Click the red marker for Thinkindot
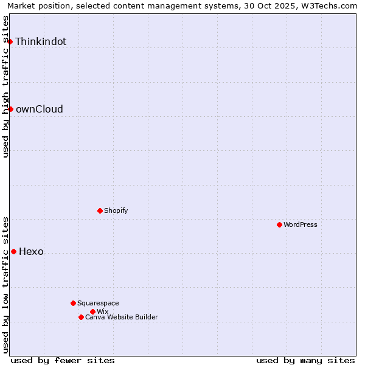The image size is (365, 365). (x=10, y=41)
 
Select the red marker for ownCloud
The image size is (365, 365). (x=10, y=109)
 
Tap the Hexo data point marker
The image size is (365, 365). (x=13, y=251)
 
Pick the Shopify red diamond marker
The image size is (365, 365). (x=100, y=210)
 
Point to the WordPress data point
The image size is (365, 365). (x=279, y=224)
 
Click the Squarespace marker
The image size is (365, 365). (x=73, y=303)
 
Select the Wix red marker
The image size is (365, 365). (x=92, y=311)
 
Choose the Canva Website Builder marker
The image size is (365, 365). (x=81, y=317)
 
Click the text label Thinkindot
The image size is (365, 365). (x=41, y=42)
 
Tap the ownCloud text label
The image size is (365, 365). (x=39, y=109)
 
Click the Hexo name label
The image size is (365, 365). (x=31, y=252)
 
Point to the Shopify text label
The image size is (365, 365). (x=116, y=211)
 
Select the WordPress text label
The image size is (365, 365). (x=301, y=225)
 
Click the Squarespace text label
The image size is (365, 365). (x=98, y=304)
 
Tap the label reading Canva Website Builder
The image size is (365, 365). (x=122, y=318)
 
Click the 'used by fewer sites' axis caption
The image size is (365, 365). (x=63, y=361)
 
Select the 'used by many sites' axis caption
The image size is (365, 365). (x=305, y=361)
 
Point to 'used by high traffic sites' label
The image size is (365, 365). (x=6, y=86)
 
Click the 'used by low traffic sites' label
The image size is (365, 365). (x=6, y=285)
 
